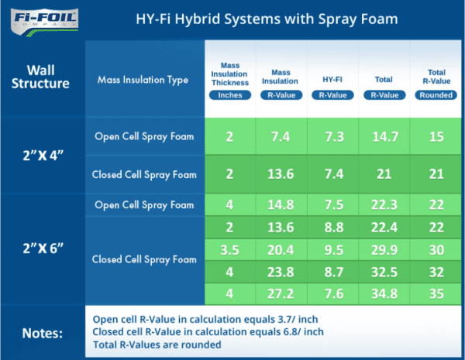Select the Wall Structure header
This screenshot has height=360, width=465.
[x=43, y=76]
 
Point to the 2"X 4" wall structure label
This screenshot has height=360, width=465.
[x=43, y=154]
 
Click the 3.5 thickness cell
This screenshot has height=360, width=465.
[x=229, y=250]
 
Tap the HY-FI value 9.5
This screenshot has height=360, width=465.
[x=332, y=250]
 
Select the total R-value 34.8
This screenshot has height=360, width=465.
[x=384, y=294]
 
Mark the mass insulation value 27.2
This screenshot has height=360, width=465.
[x=281, y=294]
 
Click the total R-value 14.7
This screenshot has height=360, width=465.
[x=384, y=136]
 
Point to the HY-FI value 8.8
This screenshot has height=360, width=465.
[x=332, y=228]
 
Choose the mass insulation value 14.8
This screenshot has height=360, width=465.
[x=281, y=205]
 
